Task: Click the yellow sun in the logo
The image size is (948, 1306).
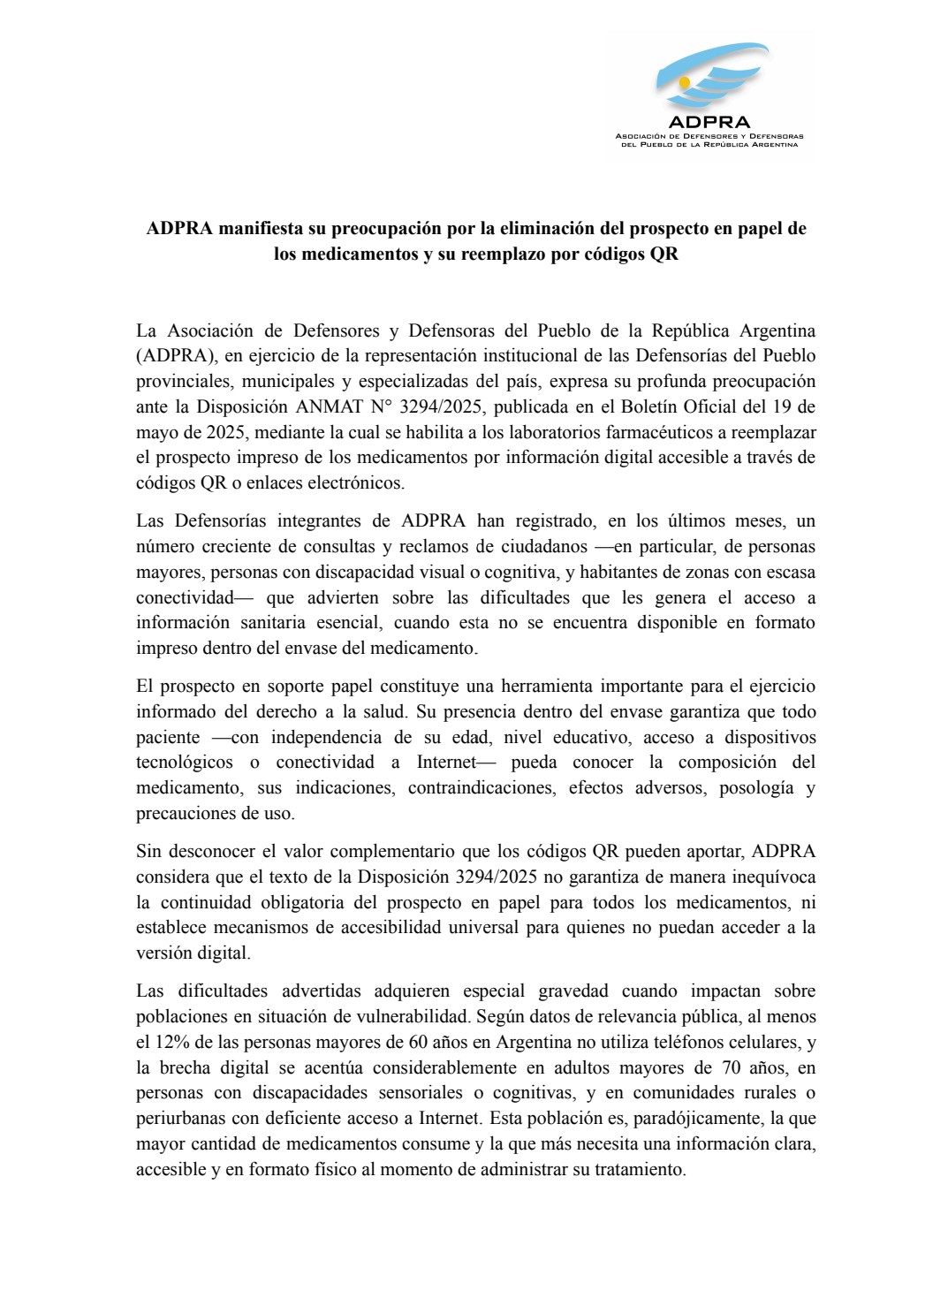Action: [684, 81]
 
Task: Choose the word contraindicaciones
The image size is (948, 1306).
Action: [481, 787]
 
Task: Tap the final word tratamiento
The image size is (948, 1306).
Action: [641, 1169]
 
